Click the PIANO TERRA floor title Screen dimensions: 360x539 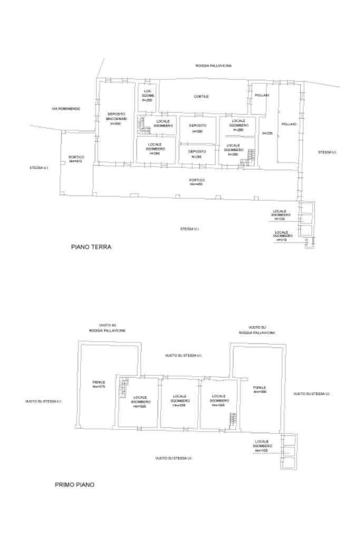point(91,246)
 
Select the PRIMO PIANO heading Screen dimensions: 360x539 point(75,484)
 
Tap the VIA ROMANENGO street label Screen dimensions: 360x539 point(66,109)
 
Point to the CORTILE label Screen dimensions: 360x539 point(201,96)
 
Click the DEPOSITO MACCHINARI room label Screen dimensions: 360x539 point(116,119)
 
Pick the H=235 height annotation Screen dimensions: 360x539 point(267,134)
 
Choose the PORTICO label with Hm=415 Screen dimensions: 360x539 point(76,159)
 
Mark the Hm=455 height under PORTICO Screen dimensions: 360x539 point(197,184)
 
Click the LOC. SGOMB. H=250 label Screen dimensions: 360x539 point(148,95)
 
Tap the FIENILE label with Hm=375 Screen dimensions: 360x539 point(99,384)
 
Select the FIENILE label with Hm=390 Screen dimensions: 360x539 point(260,389)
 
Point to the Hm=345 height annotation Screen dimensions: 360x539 point(219,405)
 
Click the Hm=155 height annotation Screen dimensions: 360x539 point(261,450)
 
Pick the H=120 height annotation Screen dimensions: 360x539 point(279,218)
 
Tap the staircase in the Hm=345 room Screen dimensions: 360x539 point(232,420)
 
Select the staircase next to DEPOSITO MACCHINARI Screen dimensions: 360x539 point(142,124)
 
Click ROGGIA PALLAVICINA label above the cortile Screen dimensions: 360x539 point(213,66)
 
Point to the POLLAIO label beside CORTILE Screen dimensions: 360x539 point(262,95)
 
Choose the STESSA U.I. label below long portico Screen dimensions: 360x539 point(189,229)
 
